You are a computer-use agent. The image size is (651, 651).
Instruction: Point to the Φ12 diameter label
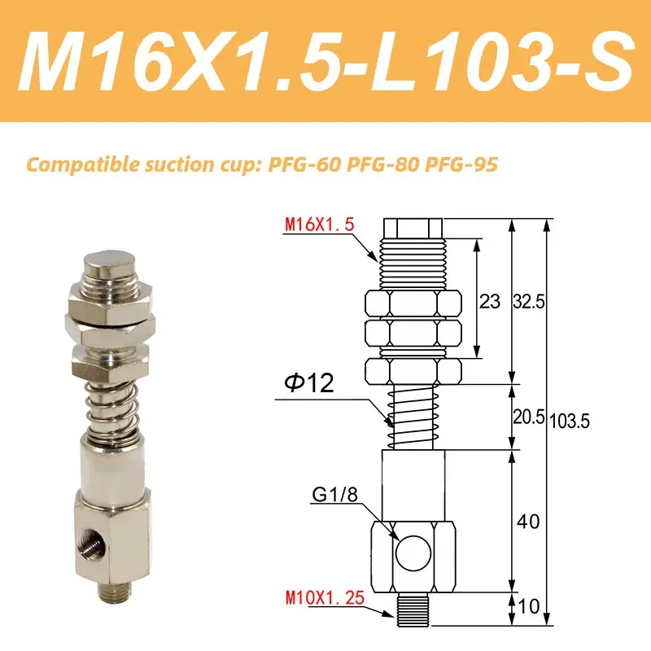click(x=310, y=383)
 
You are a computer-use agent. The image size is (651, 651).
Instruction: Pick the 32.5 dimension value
click(x=530, y=301)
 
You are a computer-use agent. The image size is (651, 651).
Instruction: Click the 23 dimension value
click(x=489, y=301)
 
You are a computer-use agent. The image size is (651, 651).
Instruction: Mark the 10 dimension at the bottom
click(x=529, y=605)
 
